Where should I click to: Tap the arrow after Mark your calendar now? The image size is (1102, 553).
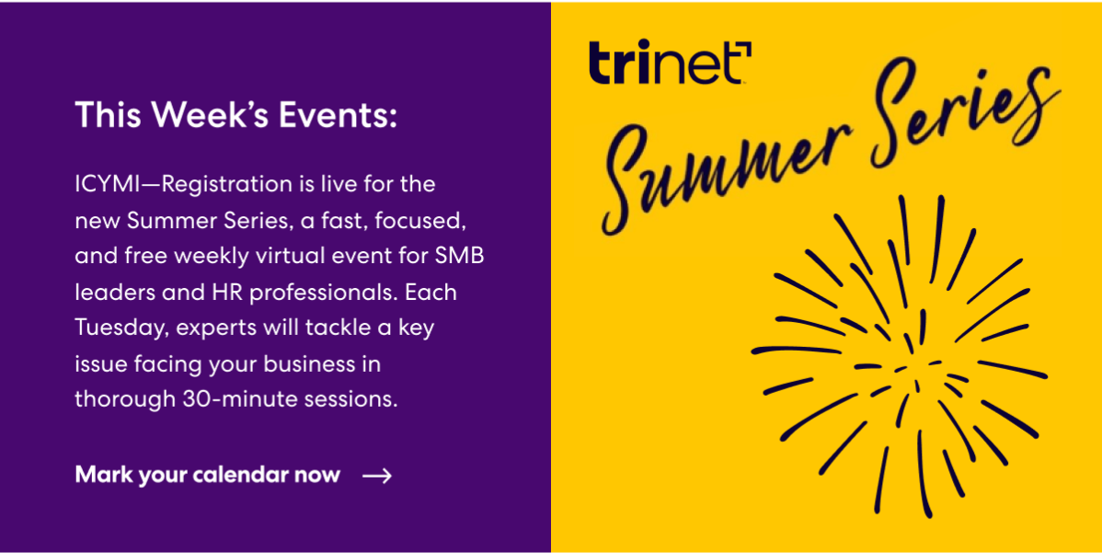(x=377, y=476)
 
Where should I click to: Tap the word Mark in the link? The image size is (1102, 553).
(x=103, y=476)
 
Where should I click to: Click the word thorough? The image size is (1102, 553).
(x=125, y=400)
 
